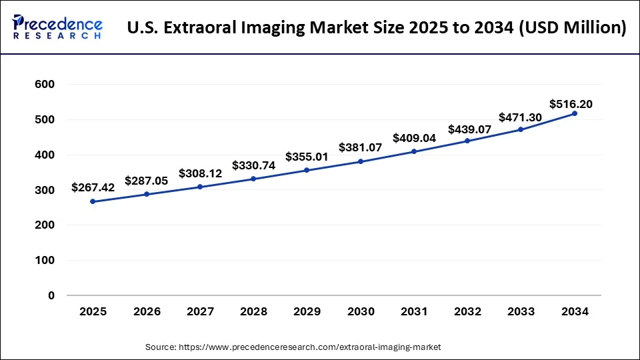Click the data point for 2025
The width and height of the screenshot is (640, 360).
click(93, 201)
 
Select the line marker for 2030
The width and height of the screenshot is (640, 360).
click(361, 161)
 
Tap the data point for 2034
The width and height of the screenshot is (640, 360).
click(575, 113)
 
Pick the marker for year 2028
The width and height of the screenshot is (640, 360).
click(253, 179)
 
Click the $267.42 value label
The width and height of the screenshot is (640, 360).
click(93, 188)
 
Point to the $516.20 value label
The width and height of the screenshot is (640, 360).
click(571, 104)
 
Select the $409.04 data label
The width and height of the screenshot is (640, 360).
click(414, 138)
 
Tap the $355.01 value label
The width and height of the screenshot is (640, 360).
click(307, 157)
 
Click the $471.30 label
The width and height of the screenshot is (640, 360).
click(521, 117)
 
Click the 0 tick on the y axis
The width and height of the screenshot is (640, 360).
click(51, 295)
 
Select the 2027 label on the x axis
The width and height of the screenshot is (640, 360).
click(200, 311)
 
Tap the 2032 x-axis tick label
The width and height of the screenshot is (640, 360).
click(467, 311)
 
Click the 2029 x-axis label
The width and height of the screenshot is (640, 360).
click(307, 311)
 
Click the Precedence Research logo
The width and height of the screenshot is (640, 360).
click(57, 27)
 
